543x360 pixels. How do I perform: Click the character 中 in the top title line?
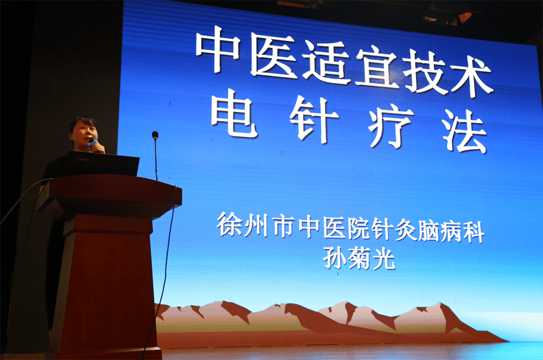218,49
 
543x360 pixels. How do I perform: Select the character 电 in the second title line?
234,113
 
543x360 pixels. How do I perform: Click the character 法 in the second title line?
465,131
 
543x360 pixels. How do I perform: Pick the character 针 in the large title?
313,119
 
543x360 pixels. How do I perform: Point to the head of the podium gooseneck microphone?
155,135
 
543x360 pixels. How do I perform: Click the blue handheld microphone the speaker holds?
92,143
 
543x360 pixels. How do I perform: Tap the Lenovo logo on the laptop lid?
83,160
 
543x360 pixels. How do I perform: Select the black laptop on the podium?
103,163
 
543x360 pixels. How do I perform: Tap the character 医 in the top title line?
273,55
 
